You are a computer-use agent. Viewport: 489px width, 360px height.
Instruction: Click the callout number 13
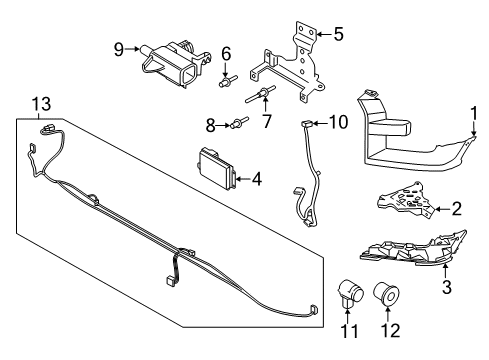click(41, 104)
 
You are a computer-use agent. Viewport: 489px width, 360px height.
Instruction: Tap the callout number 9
click(119, 49)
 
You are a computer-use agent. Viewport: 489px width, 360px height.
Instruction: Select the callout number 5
click(338, 34)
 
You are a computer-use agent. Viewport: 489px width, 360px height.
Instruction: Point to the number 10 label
click(339, 122)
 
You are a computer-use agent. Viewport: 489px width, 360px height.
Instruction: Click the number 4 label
click(257, 179)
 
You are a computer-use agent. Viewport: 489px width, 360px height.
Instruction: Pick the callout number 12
click(390, 331)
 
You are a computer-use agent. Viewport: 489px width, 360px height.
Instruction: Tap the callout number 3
click(447, 287)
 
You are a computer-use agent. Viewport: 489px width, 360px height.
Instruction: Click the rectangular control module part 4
click(217, 170)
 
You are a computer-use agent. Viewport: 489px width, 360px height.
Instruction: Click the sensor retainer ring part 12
click(386, 293)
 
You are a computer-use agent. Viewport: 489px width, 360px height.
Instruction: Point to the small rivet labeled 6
click(228, 81)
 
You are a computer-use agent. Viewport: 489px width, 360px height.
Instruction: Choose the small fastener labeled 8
click(240, 122)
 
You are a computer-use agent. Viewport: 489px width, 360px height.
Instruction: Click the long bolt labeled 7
click(261, 94)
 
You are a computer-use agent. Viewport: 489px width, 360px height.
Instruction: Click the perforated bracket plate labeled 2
click(405, 201)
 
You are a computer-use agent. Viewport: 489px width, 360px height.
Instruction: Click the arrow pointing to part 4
click(243, 179)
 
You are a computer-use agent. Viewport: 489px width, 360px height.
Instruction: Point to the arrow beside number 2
click(442, 209)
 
